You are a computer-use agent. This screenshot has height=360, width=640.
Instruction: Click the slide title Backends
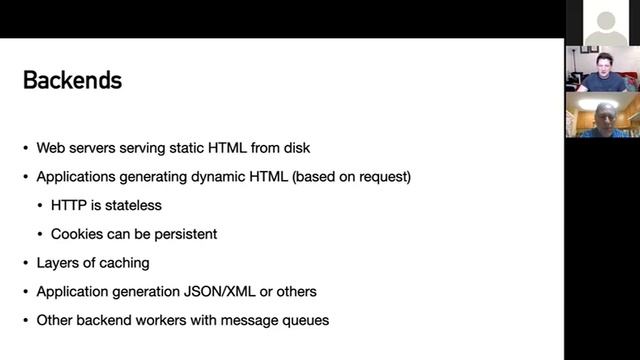point(72,81)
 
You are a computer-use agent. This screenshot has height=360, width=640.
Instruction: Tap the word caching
point(125,263)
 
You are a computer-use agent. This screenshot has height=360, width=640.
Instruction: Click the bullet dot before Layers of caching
point(27,263)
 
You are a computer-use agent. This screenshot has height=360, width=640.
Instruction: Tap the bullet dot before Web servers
point(27,148)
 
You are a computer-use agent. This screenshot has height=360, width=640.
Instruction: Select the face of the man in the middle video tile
point(604,62)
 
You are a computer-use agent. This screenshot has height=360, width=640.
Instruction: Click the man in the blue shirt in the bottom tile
point(604,118)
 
